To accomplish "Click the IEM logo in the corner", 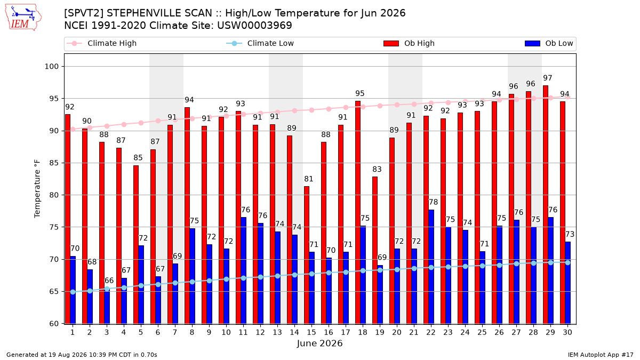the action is [23, 18].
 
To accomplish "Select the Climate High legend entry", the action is [101, 43].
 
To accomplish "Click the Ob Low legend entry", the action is [549, 43].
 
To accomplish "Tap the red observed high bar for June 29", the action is [546, 205].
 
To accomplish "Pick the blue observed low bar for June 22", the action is [431, 267].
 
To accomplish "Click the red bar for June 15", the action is [307, 255].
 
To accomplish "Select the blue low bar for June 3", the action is [107, 306].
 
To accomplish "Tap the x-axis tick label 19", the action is [380, 333].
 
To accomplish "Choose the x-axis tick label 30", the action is [567, 333].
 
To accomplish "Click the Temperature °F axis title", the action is [37, 189].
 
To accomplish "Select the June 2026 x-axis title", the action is [319, 343].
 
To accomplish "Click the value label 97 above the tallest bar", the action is [547, 78].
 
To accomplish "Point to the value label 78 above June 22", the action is [434, 202].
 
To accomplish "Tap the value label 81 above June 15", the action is [309, 179].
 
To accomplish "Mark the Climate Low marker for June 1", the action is [73, 292].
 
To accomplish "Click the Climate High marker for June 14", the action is [294, 110].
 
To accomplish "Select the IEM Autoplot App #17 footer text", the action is [601, 355].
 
